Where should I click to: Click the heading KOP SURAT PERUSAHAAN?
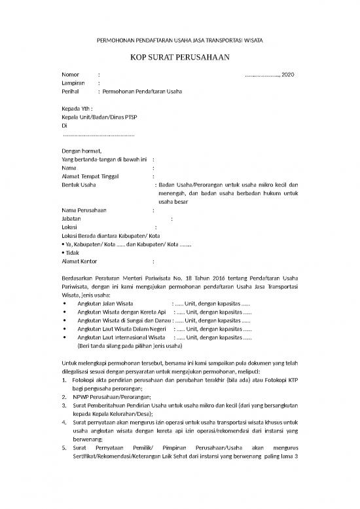179,57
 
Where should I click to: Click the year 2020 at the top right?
289,73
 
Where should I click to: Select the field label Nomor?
69,73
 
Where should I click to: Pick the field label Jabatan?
71,219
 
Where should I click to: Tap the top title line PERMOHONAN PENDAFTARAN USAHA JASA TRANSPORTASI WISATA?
179,40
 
